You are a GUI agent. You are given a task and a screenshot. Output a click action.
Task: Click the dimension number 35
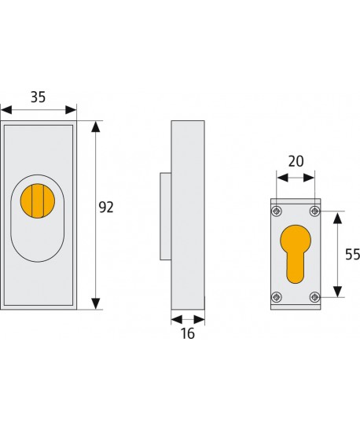[38, 97]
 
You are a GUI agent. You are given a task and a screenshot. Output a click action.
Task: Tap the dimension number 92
[106, 208]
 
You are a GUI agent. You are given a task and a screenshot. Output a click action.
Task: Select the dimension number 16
[187, 333]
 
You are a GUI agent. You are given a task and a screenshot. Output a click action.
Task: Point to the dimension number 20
[295, 161]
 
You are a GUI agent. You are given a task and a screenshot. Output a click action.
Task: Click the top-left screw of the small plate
[276, 211]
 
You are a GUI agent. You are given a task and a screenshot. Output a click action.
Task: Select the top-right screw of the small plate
[314, 211]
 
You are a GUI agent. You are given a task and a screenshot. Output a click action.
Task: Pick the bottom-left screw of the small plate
[276, 296]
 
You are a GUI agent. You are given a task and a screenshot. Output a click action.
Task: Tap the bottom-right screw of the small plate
[314, 296]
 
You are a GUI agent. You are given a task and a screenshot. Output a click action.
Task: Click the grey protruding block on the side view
[165, 216]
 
